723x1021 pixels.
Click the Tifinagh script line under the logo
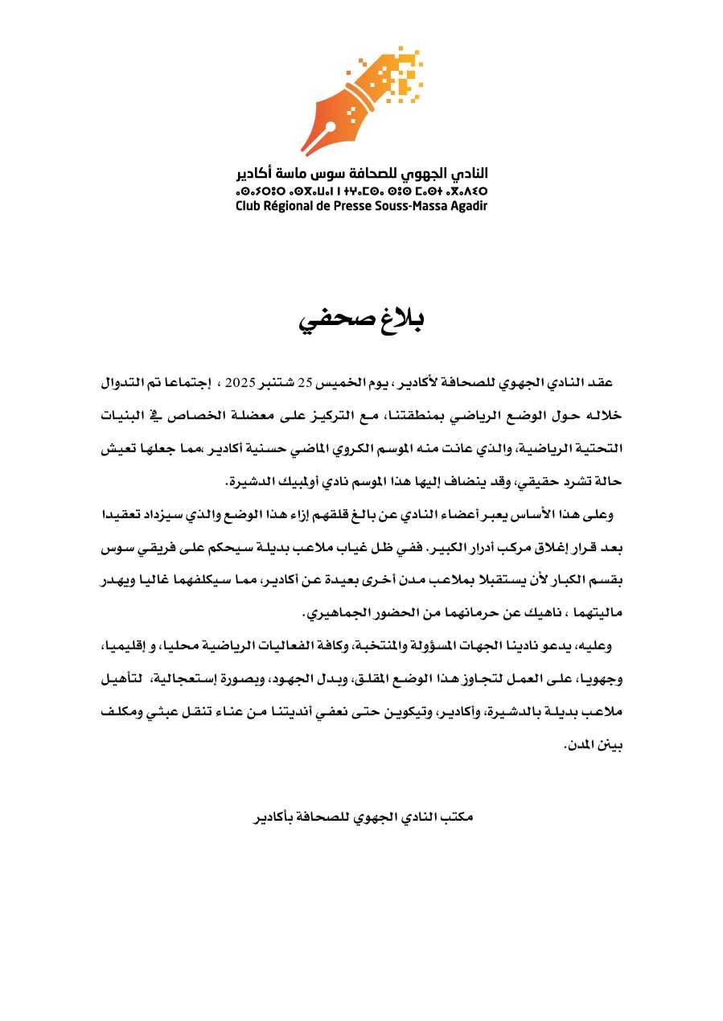[x=361, y=191]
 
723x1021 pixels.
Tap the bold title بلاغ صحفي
[x=362, y=319]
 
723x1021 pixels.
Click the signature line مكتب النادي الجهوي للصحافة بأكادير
[x=364, y=817]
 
